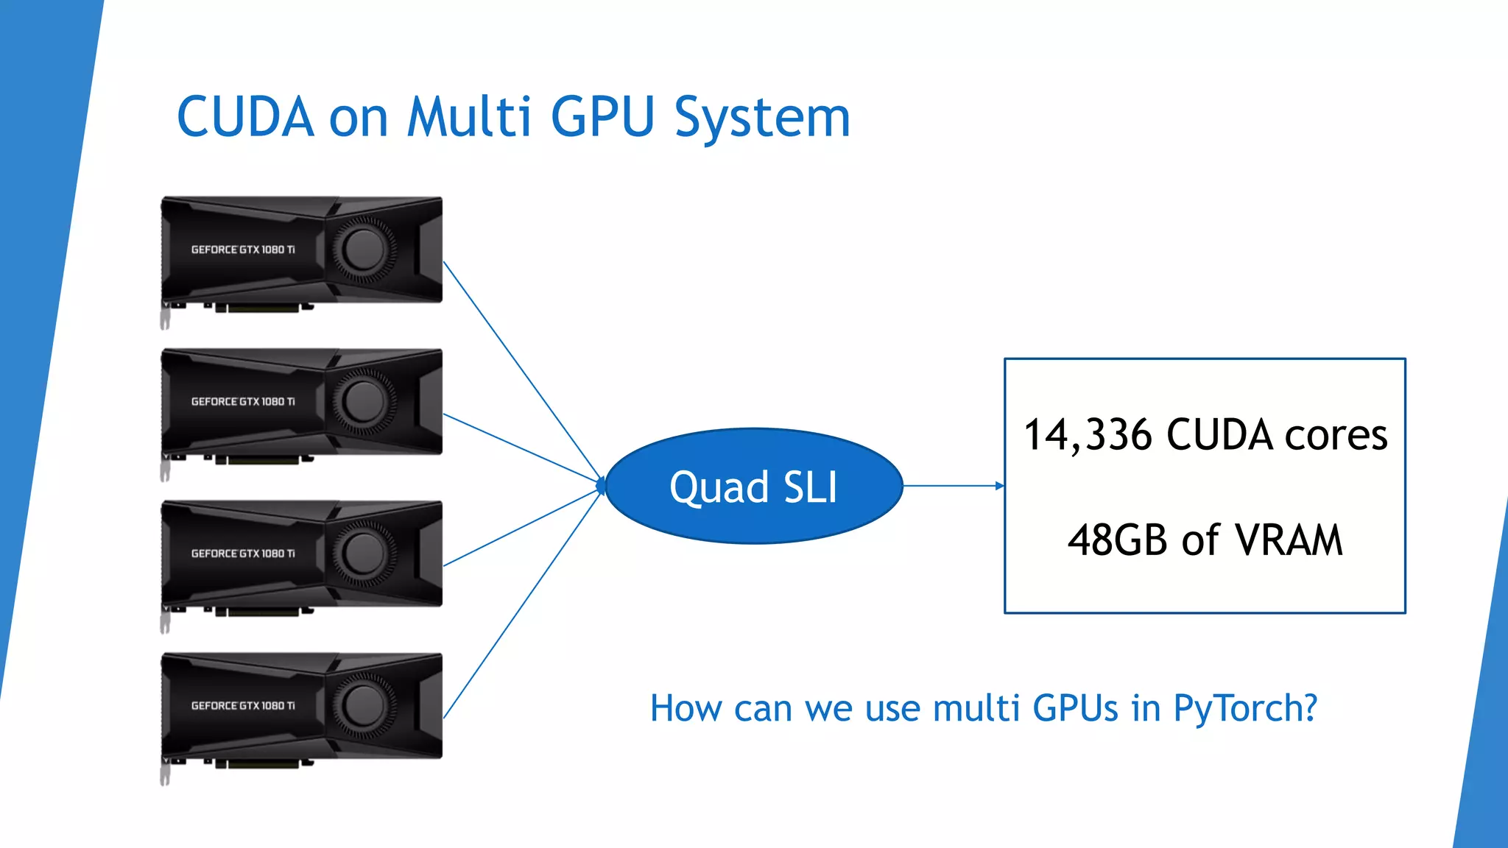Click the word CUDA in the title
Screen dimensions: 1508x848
(x=245, y=117)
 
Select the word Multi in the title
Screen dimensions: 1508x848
(x=468, y=117)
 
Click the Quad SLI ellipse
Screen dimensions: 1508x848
(x=753, y=487)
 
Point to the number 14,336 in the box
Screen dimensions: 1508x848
(x=1088, y=435)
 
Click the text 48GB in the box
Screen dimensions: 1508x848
(x=1117, y=540)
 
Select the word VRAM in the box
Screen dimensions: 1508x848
(x=1289, y=540)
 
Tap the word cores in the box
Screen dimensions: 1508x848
(x=1336, y=435)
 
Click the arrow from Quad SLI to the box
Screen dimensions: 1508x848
(x=953, y=486)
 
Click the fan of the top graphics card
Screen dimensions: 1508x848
(x=364, y=250)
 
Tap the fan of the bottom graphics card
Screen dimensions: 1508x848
(x=364, y=705)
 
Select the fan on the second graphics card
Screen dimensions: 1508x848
(x=364, y=402)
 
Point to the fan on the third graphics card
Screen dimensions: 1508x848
(x=364, y=554)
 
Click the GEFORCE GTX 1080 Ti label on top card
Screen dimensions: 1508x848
(x=243, y=250)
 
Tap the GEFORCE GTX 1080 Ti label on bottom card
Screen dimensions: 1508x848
(x=243, y=705)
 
